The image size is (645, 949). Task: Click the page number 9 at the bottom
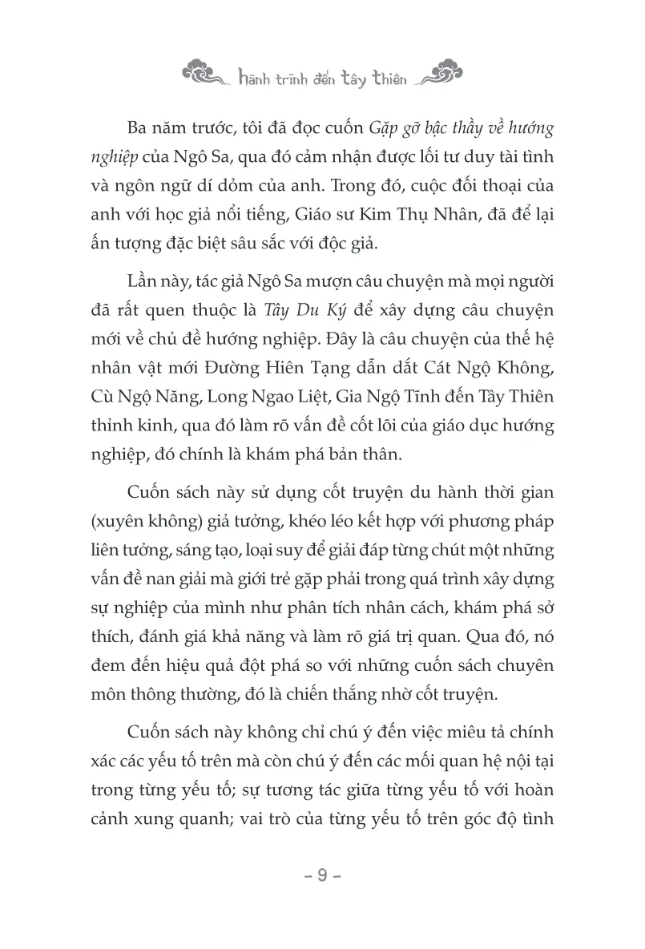(322, 875)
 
